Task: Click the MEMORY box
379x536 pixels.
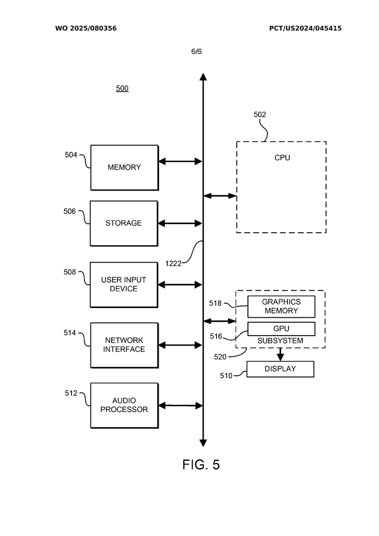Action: pyautogui.click(x=124, y=167)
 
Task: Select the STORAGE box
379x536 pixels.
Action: pyautogui.click(x=124, y=223)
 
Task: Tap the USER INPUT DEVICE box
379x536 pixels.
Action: pyautogui.click(x=124, y=284)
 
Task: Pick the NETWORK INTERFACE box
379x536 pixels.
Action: pyautogui.click(x=124, y=345)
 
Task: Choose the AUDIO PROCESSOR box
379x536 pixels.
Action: pyautogui.click(x=124, y=405)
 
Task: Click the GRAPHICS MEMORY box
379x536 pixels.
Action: pyautogui.click(x=281, y=306)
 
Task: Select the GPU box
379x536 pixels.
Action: pyautogui.click(x=281, y=329)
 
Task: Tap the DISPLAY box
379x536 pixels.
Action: pyautogui.click(x=280, y=369)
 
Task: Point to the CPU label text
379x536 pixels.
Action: pyautogui.click(x=282, y=158)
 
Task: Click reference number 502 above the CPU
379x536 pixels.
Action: pyautogui.click(x=260, y=115)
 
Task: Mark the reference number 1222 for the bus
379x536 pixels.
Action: pyautogui.click(x=173, y=264)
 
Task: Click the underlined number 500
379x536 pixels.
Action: pyautogui.click(x=122, y=88)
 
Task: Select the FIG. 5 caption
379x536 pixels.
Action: pyautogui.click(x=201, y=465)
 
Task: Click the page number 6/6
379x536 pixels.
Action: pyautogui.click(x=196, y=51)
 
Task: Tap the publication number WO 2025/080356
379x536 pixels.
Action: pyautogui.click(x=86, y=28)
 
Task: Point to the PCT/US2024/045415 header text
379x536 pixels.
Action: pyautogui.click(x=305, y=28)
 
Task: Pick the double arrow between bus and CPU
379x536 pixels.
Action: pyautogui.click(x=220, y=195)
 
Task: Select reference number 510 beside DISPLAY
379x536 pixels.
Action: pyautogui.click(x=226, y=375)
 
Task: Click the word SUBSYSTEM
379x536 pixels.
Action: pyautogui.click(x=280, y=341)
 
